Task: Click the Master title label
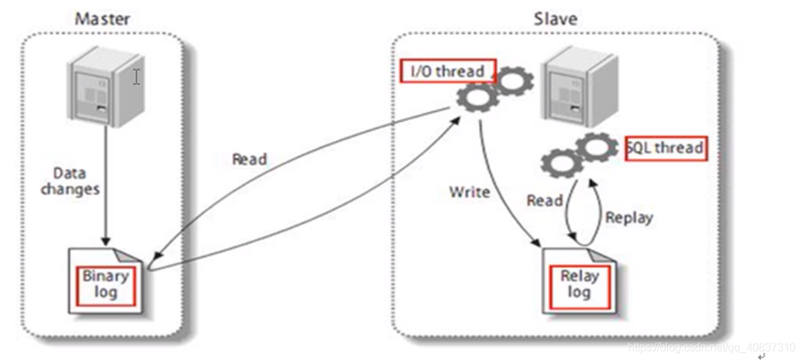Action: pyautogui.click(x=103, y=19)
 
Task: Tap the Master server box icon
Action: pyautogui.click(x=103, y=90)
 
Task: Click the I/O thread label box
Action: pyautogui.click(x=448, y=71)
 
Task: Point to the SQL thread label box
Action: pyautogui.click(x=665, y=148)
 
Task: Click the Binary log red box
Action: pyautogui.click(x=106, y=284)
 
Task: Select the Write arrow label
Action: pyautogui.click(x=470, y=192)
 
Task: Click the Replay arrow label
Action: pyautogui.click(x=628, y=218)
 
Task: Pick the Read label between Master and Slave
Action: pyautogui.click(x=249, y=159)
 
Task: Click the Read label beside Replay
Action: pyautogui.click(x=545, y=201)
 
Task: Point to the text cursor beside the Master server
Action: pyautogui.click(x=137, y=77)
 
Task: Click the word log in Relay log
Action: pyautogui.click(x=579, y=293)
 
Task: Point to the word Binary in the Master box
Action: pyautogui.click(x=106, y=276)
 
